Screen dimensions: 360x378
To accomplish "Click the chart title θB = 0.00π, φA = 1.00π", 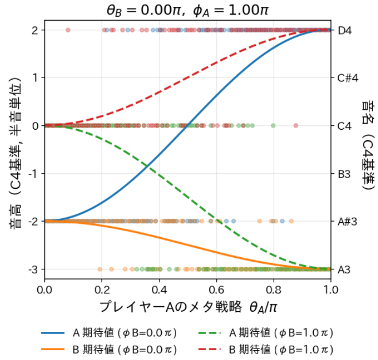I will point(188,9).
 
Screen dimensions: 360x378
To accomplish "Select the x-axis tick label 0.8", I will point(274,288).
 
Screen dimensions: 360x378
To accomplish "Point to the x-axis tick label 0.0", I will point(45,288).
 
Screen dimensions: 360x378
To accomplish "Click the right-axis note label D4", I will point(345,30).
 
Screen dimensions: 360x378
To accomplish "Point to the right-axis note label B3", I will point(344,173).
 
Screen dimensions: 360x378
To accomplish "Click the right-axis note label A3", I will point(344,269).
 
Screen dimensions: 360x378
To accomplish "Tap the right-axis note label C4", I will point(345,126).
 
